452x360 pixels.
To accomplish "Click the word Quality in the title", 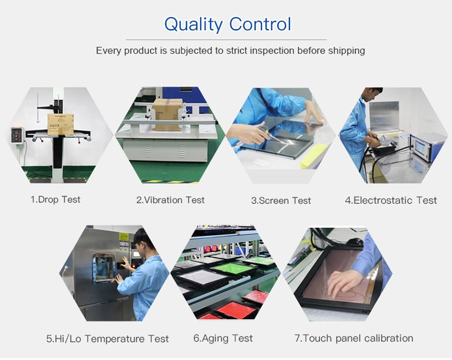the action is point(193,25).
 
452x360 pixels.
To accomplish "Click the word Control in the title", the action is point(260,24).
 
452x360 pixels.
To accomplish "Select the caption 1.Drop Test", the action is point(55,200).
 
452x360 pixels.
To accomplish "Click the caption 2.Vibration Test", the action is point(171,200).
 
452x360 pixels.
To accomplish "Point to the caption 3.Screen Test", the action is point(281,200).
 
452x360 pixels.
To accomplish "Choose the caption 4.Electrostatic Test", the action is point(391,200).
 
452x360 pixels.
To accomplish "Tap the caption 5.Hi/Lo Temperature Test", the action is point(107,338).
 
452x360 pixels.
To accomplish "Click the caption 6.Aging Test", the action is point(223,338).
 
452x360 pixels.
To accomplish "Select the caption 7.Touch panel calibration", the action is point(354,338).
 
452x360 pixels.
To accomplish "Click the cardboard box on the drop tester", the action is point(60,124).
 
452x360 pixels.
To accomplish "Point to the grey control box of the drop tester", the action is point(17,135).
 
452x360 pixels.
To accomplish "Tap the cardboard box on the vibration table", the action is point(167,114).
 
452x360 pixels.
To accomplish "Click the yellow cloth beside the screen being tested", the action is point(313,156).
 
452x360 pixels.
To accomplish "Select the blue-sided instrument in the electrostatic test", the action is point(428,147).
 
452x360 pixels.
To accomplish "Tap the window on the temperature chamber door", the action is point(104,268).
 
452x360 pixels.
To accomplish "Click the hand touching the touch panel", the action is point(344,283).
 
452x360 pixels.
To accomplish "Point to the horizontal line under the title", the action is point(226,40).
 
